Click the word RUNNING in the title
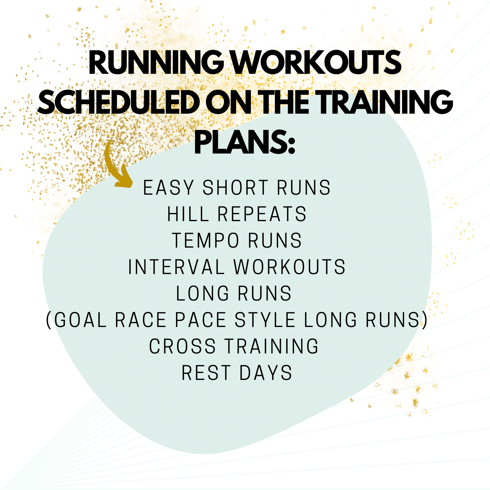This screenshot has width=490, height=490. (x=156, y=62)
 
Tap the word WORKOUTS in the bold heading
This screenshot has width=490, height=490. (x=316, y=62)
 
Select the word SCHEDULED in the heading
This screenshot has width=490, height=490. (x=119, y=102)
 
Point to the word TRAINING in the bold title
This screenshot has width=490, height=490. (x=385, y=102)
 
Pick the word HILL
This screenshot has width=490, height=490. (x=188, y=214)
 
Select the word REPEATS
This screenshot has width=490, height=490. (x=262, y=214)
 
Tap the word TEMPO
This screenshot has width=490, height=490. (x=205, y=241)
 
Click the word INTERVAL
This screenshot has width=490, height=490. (x=176, y=267)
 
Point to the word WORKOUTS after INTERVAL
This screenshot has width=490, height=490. (x=289, y=267)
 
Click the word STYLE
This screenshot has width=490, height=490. (x=265, y=320)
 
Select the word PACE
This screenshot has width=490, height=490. (x=201, y=320)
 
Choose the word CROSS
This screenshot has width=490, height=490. (x=182, y=346)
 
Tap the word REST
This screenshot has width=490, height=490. (x=206, y=373)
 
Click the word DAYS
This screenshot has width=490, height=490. (x=266, y=373)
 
